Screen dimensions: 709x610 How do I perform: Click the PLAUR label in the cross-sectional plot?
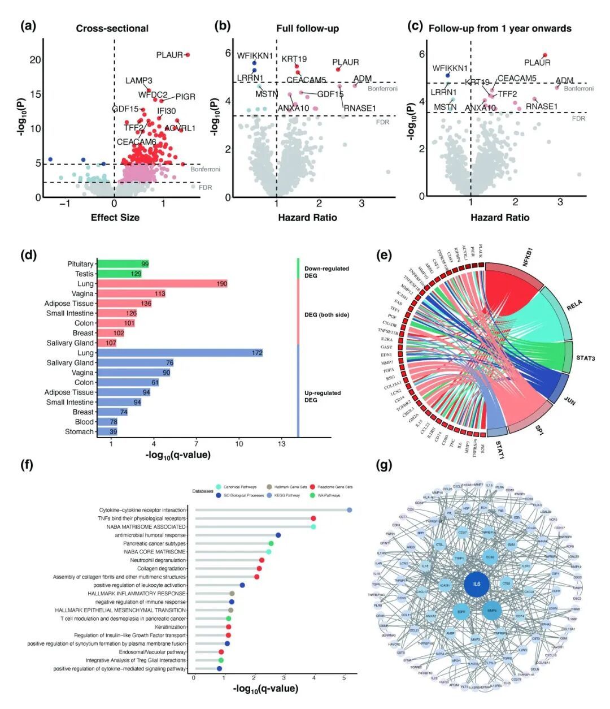pyautogui.click(x=169, y=55)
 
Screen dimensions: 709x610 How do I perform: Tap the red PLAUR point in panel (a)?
pyautogui.click(x=188, y=55)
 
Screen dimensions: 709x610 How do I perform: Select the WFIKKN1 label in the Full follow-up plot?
pyautogui.click(x=255, y=56)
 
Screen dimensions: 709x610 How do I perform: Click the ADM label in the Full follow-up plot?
pyautogui.click(x=363, y=79)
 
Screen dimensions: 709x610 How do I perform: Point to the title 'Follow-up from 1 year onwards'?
pyautogui.click(x=500, y=28)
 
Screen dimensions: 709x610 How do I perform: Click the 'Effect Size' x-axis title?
pyautogui.click(x=115, y=217)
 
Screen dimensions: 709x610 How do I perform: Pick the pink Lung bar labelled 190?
pyautogui.click(x=162, y=284)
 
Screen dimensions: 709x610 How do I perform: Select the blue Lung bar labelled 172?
pyautogui.click(x=180, y=353)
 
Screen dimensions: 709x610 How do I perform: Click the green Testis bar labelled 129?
pyautogui.click(x=119, y=274)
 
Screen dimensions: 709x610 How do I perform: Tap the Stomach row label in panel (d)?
pyautogui.click(x=79, y=432)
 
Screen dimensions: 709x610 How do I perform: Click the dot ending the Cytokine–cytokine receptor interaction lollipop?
pyautogui.click(x=350, y=510)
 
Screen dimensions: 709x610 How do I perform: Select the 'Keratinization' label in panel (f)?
pyautogui.click(x=170, y=627)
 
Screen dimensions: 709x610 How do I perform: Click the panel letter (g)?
pyautogui.click(x=384, y=465)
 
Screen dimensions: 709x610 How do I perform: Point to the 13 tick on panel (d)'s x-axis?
pyautogui.click(x=281, y=444)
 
